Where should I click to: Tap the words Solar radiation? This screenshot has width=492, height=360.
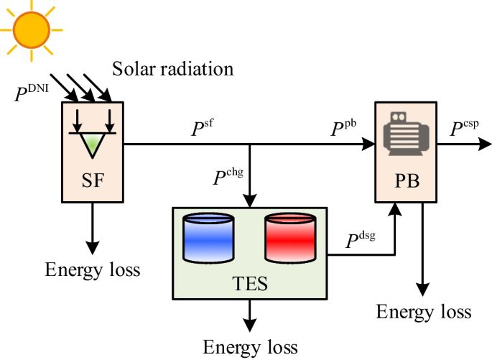point(173,69)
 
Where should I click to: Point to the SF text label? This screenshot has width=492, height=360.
point(93,180)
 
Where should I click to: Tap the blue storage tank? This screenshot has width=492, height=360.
point(209,237)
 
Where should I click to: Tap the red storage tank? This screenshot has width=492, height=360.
point(290,237)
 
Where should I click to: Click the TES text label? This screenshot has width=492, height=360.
point(249,282)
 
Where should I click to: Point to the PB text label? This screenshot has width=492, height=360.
point(406,179)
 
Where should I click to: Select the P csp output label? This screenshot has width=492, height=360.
point(465,129)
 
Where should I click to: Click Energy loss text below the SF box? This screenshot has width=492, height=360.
point(93,269)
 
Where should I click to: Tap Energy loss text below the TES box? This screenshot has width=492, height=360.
point(250,347)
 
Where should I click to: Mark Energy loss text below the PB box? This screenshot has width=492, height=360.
point(424,311)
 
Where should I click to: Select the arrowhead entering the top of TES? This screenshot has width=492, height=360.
point(249,202)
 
